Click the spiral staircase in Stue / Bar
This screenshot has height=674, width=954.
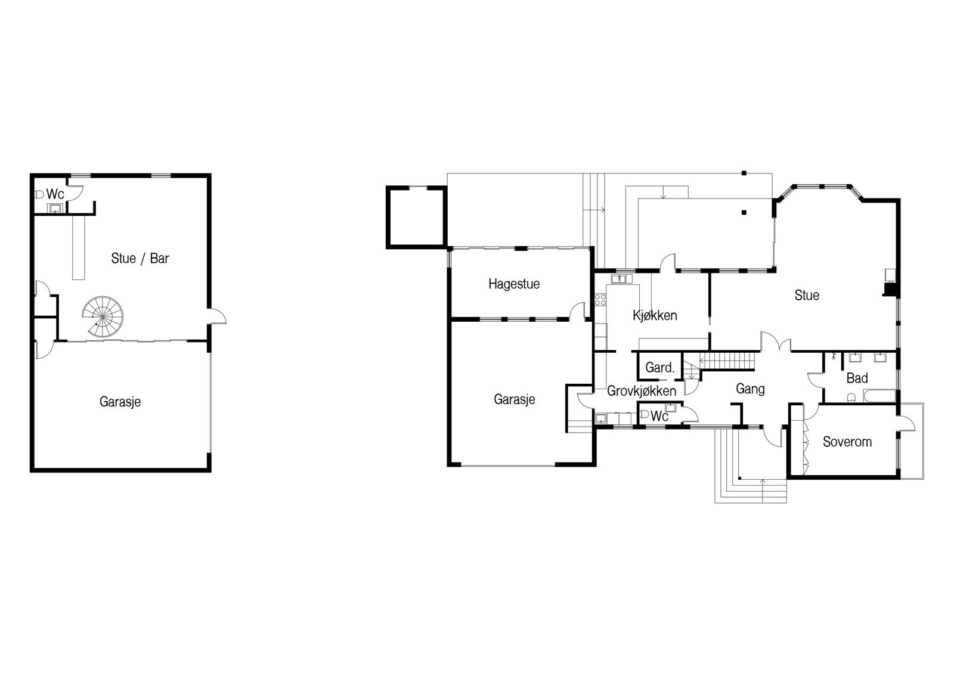pos(103,317)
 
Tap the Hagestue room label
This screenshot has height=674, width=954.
pos(514,284)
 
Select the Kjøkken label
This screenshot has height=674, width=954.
pos(655,315)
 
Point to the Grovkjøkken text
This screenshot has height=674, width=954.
pos(642,391)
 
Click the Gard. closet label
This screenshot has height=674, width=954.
pos(659,368)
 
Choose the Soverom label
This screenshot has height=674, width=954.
pos(847,442)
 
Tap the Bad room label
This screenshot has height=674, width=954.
pos(857,378)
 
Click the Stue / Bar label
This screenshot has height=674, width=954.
pos(140,259)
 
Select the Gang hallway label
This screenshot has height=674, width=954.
pos(750,389)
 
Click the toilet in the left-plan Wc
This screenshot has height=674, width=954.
pos(39,195)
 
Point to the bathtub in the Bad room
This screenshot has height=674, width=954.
pos(879,396)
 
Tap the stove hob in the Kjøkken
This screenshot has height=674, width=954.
pos(600,299)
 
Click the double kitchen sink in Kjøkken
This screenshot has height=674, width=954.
pos(622,279)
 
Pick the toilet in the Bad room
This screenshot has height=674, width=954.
pos(851,397)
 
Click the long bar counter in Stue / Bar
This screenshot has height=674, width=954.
pos(78,247)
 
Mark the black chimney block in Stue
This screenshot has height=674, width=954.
pos(891,290)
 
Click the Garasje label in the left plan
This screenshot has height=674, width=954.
pos(120,402)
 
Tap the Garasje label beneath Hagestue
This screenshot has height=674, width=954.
pos(515,399)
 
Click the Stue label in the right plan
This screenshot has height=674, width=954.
pos(807,295)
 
